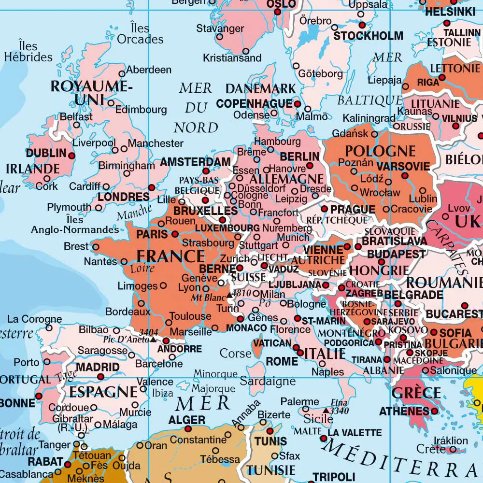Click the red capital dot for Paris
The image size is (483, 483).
175,234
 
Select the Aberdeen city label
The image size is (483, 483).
148,70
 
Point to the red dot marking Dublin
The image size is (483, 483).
72,156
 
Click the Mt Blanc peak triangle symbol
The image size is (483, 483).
229,293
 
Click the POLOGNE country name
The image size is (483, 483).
380,151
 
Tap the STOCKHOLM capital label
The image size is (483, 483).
368,36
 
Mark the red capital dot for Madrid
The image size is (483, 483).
100,377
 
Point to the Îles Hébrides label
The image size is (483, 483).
28,52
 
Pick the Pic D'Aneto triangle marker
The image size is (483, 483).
153,339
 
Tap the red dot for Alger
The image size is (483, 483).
188,429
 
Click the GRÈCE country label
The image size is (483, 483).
416,393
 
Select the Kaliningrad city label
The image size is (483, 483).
369,118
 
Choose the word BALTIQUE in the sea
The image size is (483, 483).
369,100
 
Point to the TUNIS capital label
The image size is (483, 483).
270,441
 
